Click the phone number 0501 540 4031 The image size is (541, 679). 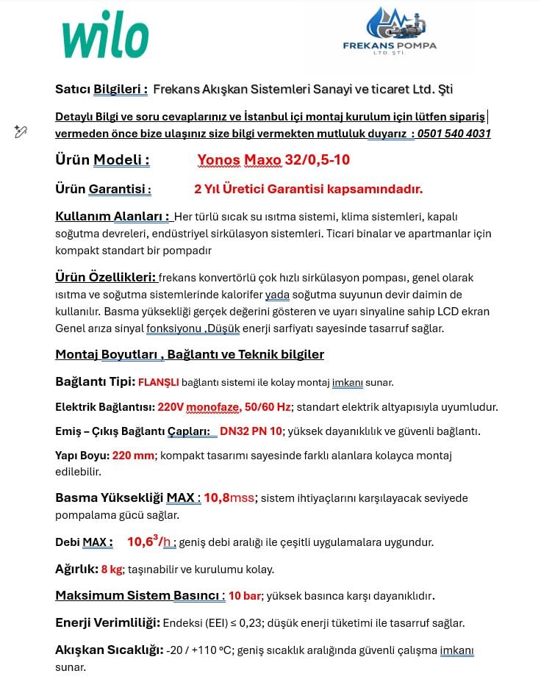[454, 134]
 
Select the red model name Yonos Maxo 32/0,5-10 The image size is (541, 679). [273, 160]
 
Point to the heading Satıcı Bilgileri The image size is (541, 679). [101, 90]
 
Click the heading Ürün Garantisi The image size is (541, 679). [104, 190]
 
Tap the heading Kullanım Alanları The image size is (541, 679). [113, 217]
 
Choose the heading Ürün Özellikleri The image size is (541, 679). [106, 278]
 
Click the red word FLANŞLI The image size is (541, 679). [158, 383]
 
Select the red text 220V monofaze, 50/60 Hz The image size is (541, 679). [224, 407]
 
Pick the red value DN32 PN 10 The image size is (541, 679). [251, 431]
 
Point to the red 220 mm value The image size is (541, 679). [133, 456]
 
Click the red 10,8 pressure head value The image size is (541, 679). [216, 498]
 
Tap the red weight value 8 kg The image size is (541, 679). [112, 570]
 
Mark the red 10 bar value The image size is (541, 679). [245, 596]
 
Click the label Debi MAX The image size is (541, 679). [84, 543]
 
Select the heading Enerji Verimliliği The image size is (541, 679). [107, 623]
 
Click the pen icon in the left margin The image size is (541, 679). [21, 132]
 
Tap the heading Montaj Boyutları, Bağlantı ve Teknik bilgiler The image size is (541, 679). [190, 355]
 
